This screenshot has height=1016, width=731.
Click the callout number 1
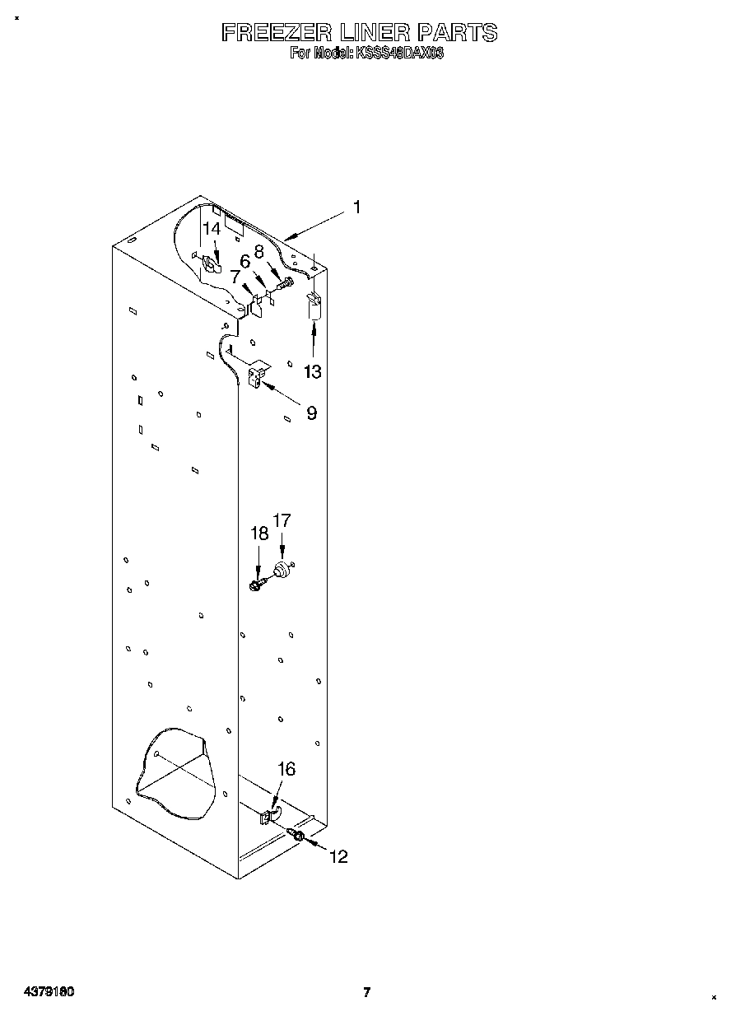coord(356,207)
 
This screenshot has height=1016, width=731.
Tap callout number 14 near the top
coord(212,229)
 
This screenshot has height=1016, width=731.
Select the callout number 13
coord(313,371)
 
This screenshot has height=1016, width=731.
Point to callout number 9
coord(312,413)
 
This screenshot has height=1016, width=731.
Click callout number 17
coord(282,520)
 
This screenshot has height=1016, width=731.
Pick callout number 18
coord(259,534)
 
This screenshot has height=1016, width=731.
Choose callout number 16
coord(286,769)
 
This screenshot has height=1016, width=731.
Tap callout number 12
coord(338,857)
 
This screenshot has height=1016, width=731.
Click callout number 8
coord(258,252)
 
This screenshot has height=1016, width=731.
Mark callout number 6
coord(244,262)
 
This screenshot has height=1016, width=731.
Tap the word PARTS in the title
coord(457,33)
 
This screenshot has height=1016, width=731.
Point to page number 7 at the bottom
coord(367,992)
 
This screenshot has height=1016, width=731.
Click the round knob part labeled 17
coord(282,569)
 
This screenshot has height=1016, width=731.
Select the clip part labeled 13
coord(314,306)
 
